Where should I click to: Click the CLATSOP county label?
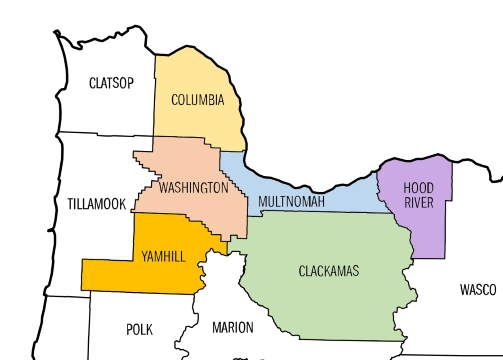(x=111, y=82)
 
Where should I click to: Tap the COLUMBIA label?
(x=197, y=100)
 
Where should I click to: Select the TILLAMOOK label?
(x=97, y=204)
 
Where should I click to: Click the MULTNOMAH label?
(x=292, y=203)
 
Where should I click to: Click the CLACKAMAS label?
(x=329, y=271)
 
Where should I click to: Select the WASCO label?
(x=477, y=290)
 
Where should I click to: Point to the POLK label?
(x=140, y=328)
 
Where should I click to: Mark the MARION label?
(x=233, y=327)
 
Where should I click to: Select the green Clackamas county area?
(x=330, y=300)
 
